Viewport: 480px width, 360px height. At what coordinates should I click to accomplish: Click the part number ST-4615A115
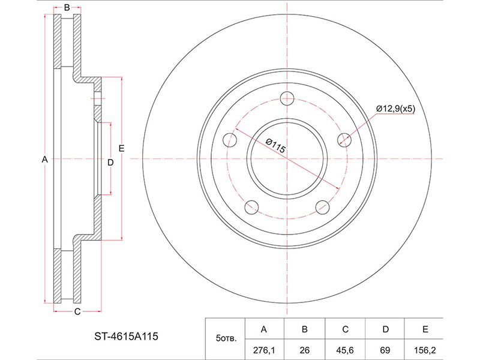(x=126, y=337)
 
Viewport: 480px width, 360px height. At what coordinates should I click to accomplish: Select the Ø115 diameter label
(x=275, y=146)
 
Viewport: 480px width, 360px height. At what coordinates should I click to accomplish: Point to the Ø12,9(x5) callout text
(x=395, y=109)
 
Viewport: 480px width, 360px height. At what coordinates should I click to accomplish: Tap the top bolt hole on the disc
(x=287, y=98)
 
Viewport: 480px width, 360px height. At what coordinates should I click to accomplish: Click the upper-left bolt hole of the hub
(x=230, y=140)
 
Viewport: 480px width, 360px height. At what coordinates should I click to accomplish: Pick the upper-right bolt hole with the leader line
(x=344, y=140)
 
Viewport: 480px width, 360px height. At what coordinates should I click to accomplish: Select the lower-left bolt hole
(x=251, y=207)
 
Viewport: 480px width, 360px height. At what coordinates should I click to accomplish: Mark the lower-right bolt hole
(x=322, y=207)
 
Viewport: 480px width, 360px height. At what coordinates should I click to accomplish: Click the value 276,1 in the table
(x=264, y=350)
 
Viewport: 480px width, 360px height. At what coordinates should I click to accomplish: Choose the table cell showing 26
(x=305, y=350)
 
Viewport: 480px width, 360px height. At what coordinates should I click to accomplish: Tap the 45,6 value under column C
(x=345, y=350)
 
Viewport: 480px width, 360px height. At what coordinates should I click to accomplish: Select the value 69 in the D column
(x=385, y=350)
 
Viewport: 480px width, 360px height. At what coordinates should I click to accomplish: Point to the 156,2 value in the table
(x=425, y=350)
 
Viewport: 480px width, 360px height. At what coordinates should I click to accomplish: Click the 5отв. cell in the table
(x=226, y=338)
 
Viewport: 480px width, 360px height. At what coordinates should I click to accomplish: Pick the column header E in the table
(x=425, y=329)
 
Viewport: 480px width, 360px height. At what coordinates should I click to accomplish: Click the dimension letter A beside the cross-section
(x=44, y=159)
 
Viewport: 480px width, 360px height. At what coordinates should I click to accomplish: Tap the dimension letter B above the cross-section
(x=67, y=8)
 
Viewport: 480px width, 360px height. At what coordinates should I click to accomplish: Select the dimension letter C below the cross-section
(x=77, y=311)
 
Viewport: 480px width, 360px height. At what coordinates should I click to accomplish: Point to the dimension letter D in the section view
(x=110, y=162)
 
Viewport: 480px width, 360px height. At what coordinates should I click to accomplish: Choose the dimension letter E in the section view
(x=122, y=148)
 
